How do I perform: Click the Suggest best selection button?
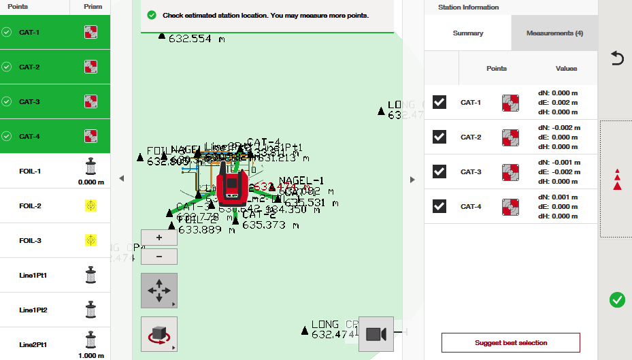[x=510, y=342]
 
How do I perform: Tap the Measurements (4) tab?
[x=554, y=33]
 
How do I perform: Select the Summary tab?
[x=468, y=33]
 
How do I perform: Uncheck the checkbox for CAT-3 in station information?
[x=439, y=171]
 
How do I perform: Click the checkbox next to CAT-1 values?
[x=439, y=102]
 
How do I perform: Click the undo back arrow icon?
[x=617, y=59]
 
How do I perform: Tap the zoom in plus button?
[x=159, y=238]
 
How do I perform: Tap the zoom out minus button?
[x=159, y=257]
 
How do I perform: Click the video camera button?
[x=376, y=334]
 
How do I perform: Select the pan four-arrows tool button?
[x=159, y=291]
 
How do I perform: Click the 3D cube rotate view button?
[x=159, y=334]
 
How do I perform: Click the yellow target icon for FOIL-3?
[x=90, y=240]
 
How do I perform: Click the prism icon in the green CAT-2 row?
[x=90, y=67]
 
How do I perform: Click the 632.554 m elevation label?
[x=197, y=39]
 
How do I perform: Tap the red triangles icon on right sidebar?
[x=617, y=180]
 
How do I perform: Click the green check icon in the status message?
[x=151, y=15]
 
